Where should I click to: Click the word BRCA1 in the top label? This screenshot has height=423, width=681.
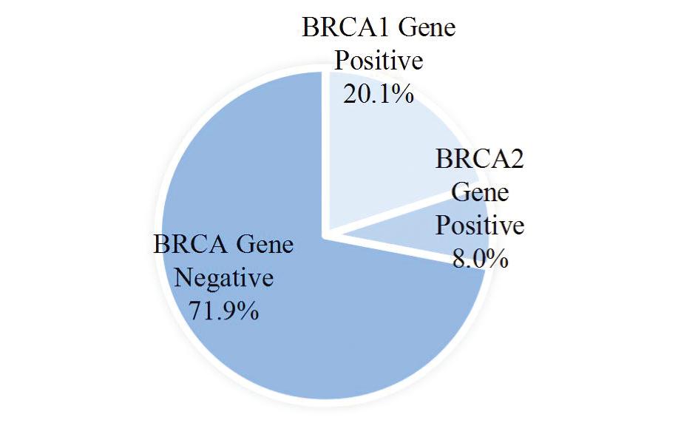(346, 27)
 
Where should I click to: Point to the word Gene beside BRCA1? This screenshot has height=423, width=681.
(427, 27)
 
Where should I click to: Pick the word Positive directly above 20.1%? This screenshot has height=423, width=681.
(379, 61)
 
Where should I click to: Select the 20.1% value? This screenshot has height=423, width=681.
(379, 94)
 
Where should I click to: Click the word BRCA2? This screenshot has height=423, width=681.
(479, 158)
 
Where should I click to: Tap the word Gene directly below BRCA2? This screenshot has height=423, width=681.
(480, 192)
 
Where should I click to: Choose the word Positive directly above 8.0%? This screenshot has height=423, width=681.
(480, 225)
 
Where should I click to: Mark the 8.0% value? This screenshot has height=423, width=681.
(481, 258)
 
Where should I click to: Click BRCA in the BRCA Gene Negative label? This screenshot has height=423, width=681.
(191, 244)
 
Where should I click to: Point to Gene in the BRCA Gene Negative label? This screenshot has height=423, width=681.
(265, 244)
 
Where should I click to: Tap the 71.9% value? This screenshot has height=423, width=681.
(223, 311)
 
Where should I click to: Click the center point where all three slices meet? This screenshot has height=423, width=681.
(325, 234)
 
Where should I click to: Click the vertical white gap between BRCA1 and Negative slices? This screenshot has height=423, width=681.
(325, 152)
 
